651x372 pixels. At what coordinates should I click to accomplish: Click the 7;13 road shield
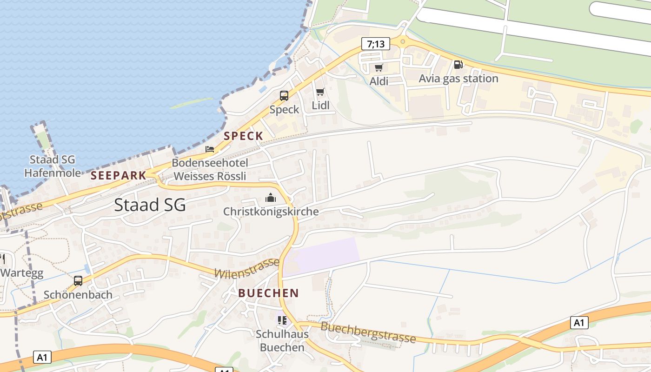point(376,44)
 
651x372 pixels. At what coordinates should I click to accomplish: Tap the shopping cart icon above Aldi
point(379,68)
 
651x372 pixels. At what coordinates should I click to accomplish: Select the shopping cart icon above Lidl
point(320,92)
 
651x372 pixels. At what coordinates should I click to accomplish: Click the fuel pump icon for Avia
point(458,65)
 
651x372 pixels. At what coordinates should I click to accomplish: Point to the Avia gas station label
point(458,79)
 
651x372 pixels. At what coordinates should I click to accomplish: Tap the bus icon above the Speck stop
point(284,96)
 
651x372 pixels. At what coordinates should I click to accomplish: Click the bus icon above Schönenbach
point(78,281)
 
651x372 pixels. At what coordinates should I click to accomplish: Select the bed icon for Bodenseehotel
point(210,149)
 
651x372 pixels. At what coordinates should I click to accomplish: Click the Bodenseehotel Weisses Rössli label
point(210,170)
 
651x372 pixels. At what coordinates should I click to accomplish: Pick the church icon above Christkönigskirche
point(271,198)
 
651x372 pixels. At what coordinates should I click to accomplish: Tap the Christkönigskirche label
point(271,212)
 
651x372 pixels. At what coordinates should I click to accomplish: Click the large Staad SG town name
point(150,205)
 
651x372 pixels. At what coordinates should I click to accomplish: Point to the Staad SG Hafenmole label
point(52,166)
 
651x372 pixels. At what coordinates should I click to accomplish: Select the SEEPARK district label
point(118,175)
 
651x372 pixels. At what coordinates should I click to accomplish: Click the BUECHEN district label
point(268,293)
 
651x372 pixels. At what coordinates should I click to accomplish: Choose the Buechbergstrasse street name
point(368,332)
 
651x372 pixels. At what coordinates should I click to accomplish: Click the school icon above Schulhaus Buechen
point(282,320)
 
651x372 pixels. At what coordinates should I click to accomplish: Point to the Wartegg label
point(22,272)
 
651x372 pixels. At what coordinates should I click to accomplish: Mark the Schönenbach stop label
point(78,295)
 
